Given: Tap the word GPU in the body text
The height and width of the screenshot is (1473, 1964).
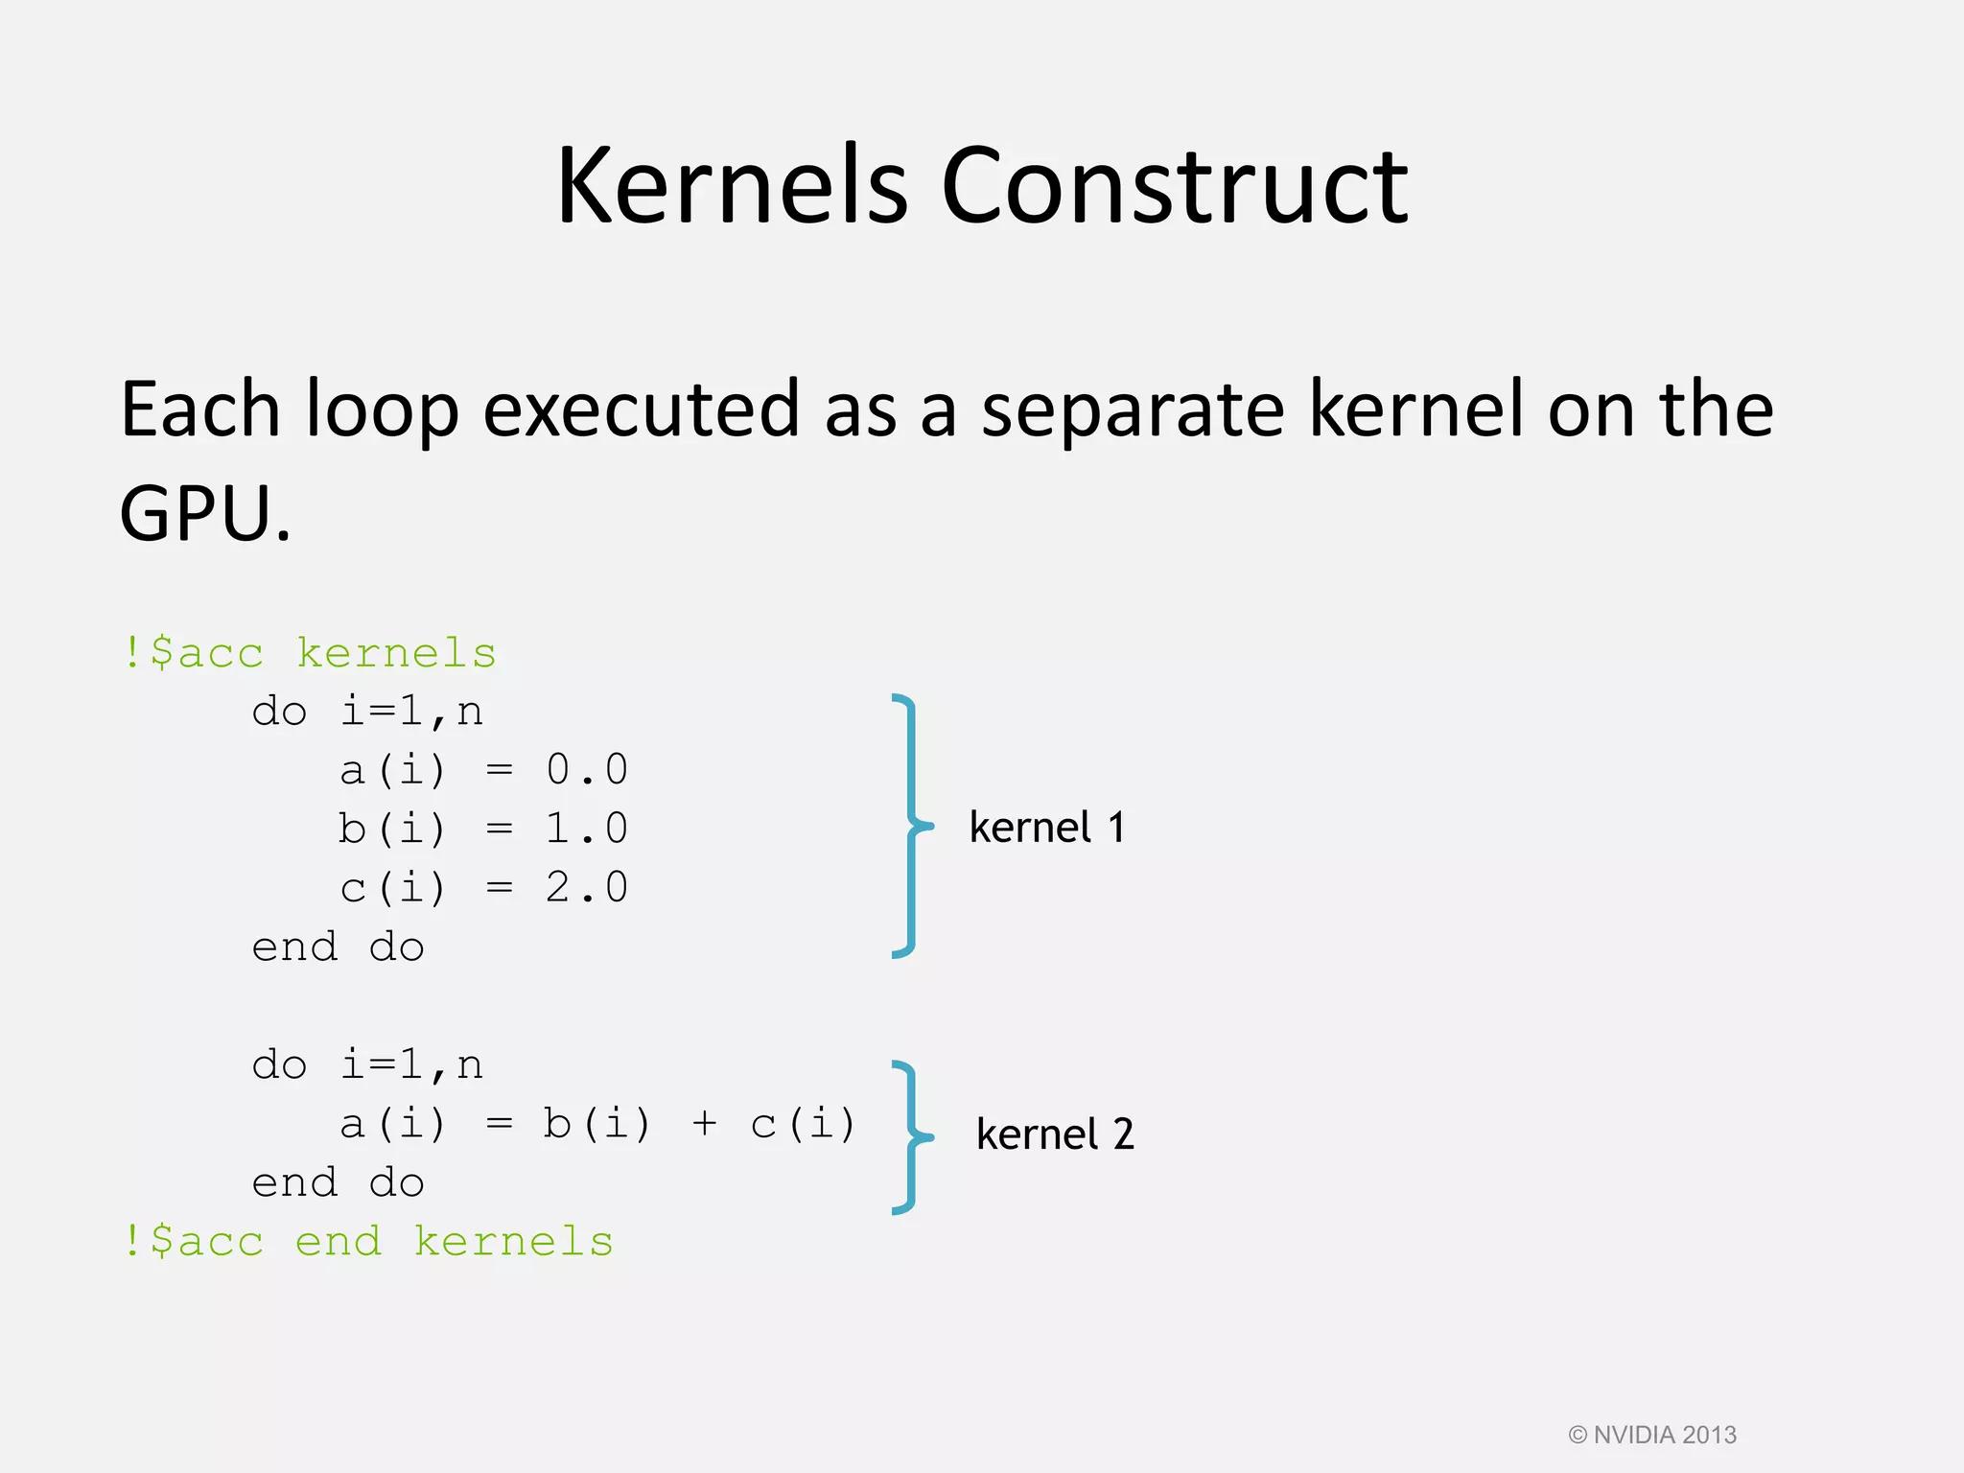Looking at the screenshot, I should coord(197,513).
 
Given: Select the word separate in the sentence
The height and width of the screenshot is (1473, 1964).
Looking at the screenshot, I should coord(1132,409).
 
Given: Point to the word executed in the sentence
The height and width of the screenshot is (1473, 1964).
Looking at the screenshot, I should coord(641,409).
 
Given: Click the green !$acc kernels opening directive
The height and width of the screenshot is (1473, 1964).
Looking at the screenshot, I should coord(309,654).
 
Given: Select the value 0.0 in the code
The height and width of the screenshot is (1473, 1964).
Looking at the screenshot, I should coord(587,770).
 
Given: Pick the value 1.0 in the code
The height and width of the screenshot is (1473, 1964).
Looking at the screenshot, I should coord(587,829).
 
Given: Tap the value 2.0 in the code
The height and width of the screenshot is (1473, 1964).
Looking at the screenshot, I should coord(587,888).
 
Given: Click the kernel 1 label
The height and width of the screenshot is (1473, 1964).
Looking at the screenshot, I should coord(1046,828).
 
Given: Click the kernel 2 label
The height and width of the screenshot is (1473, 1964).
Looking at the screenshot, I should coord(1055,1134).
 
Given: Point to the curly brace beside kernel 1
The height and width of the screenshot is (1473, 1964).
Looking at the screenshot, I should coord(909,826).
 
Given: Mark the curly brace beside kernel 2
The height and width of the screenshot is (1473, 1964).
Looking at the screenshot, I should coord(909,1137).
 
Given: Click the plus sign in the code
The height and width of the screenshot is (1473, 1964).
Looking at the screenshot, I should coord(704,1124).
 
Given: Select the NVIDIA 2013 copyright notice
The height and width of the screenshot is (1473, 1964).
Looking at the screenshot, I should coord(1651,1435).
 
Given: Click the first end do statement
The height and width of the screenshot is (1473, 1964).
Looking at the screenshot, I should coord(338,947).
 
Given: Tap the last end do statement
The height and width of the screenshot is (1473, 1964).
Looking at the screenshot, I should coord(338,1183).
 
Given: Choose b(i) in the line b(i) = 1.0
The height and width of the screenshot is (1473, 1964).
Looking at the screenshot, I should coord(392,829).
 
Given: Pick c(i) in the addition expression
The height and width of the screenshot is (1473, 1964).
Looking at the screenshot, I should coord(803,1124).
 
